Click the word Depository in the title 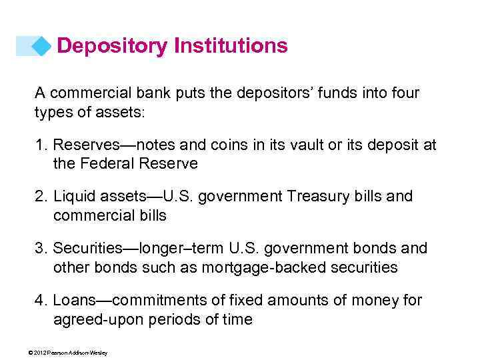click(x=113, y=46)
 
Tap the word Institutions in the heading click(x=231, y=46)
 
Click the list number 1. click(x=39, y=145)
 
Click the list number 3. click(x=39, y=249)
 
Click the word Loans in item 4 click(x=73, y=301)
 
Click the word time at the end click(x=237, y=319)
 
